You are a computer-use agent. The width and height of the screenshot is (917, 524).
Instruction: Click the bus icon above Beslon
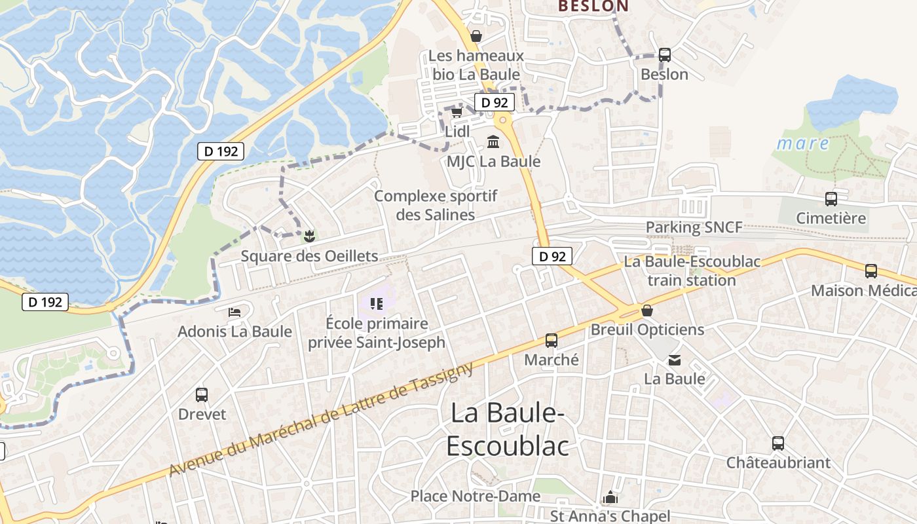pyautogui.click(x=664, y=55)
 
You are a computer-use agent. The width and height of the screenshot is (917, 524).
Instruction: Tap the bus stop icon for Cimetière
pyautogui.click(x=831, y=199)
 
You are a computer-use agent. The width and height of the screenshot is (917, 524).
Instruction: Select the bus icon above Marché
pyautogui.click(x=552, y=341)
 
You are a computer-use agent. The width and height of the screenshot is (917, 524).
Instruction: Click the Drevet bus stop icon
pyautogui.click(x=202, y=395)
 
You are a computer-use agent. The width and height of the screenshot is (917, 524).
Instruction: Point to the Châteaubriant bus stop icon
pyautogui.click(x=777, y=443)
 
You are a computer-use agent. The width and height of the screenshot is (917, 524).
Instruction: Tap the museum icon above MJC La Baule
pyautogui.click(x=493, y=141)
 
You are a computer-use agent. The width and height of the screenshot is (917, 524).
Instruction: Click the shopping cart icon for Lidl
pyautogui.click(x=457, y=113)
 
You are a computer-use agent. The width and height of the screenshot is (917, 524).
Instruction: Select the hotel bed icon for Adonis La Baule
pyautogui.click(x=234, y=312)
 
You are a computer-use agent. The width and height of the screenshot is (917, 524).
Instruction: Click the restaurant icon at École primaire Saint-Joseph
pyautogui.click(x=376, y=303)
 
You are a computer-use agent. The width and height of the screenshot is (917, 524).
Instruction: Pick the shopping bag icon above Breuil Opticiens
pyautogui.click(x=647, y=310)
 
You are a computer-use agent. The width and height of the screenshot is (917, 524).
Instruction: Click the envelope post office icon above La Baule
pyautogui.click(x=674, y=360)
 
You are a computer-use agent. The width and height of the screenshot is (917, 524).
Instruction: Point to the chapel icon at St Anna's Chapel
pyautogui.click(x=610, y=497)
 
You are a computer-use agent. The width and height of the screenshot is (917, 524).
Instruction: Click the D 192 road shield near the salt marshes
pyautogui.click(x=221, y=151)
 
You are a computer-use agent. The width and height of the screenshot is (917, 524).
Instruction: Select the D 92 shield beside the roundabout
pyautogui.click(x=494, y=102)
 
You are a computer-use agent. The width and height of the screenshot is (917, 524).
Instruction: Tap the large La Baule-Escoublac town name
pyautogui.click(x=508, y=429)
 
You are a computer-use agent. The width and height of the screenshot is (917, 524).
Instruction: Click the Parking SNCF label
pyautogui.click(x=694, y=227)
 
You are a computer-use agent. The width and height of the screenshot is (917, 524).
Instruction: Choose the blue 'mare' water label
pyautogui.click(x=803, y=143)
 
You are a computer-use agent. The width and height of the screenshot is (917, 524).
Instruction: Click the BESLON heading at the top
pyautogui.click(x=593, y=7)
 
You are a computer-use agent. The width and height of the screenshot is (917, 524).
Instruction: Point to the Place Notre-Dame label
pyautogui.click(x=476, y=496)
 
